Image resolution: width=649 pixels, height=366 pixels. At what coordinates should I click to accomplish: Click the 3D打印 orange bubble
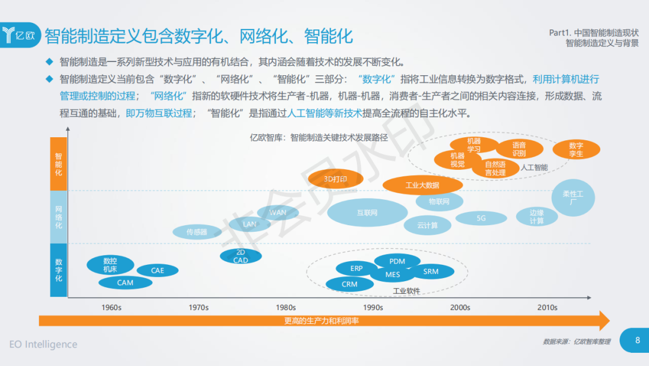pos(336,179)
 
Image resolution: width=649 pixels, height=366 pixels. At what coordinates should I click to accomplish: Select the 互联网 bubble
pos(367,212)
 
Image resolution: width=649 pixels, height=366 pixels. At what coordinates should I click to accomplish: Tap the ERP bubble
pos(357,268)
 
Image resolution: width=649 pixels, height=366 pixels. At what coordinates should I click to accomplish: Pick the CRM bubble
pos(349,284)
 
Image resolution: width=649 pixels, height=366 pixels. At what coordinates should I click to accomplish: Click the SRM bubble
pos(431,271)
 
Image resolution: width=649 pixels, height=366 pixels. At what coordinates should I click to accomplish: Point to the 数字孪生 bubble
pos(576,149)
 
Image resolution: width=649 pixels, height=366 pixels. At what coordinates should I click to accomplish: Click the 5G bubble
pos(481,219)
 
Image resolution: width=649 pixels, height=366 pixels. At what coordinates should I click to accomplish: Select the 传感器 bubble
pos(197,232)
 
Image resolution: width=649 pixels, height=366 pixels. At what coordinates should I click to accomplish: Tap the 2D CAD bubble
pos(240,256)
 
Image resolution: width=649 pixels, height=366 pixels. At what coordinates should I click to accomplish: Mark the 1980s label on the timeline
pos(286,308)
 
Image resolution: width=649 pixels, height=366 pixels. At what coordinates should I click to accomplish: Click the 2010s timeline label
pos(547,308)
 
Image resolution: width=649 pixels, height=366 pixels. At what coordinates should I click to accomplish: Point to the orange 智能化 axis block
pos(58,164)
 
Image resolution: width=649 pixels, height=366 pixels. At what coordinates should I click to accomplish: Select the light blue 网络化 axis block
pos(58,217)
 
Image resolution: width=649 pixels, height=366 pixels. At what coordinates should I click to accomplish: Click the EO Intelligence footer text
pos(43,344)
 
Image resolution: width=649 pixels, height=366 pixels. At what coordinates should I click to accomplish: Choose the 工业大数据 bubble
pos(422,185)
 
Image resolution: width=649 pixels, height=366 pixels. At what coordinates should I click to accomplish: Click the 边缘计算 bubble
pos(537,217)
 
